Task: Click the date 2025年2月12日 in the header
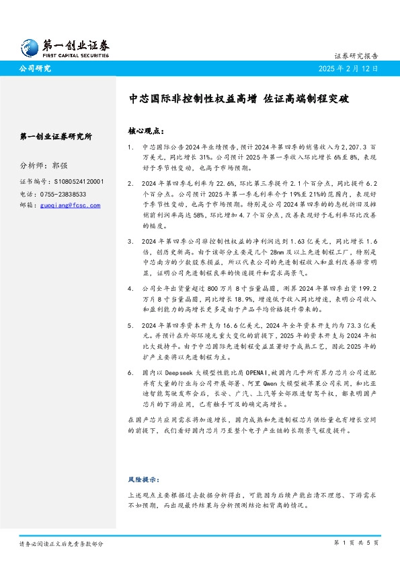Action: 350,69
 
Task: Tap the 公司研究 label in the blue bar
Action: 35,69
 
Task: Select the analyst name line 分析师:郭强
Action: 44,165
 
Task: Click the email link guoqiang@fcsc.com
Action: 69,205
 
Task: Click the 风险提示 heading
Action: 143,479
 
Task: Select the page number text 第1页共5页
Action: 356,542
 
